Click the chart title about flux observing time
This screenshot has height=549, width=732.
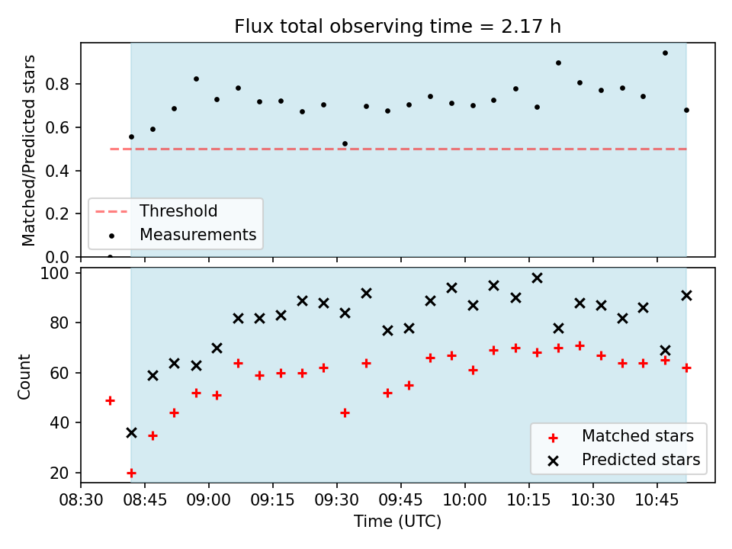pos(397,27)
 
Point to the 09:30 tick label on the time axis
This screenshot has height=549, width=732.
pos(337,500)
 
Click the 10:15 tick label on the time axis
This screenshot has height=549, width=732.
pos(529,500)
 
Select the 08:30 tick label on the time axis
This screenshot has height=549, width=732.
pos(81,500)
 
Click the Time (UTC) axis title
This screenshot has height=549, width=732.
pos(397,521)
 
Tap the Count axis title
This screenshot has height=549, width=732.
pos(24,377)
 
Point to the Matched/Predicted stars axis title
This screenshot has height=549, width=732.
pos(28,150)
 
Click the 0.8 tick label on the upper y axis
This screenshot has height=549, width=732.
pos(57,84)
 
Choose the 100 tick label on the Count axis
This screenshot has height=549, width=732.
pos(54,273)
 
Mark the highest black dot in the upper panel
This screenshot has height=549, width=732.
pos(665,53)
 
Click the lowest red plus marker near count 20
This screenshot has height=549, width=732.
pos(132,473)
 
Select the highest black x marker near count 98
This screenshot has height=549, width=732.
pos(538,278)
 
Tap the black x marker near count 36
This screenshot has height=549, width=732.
pos(132,433)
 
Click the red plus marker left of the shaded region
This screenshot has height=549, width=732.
pos(110,400)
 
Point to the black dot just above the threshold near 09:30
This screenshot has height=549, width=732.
pos(345,144)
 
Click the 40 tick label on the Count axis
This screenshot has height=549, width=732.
pos(59,422)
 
